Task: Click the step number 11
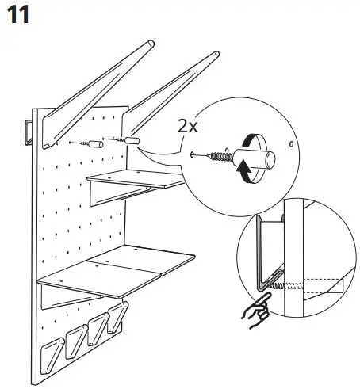[x=18, y=15]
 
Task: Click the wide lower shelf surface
[x=119, y=269]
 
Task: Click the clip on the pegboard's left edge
[x=29, y=131]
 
